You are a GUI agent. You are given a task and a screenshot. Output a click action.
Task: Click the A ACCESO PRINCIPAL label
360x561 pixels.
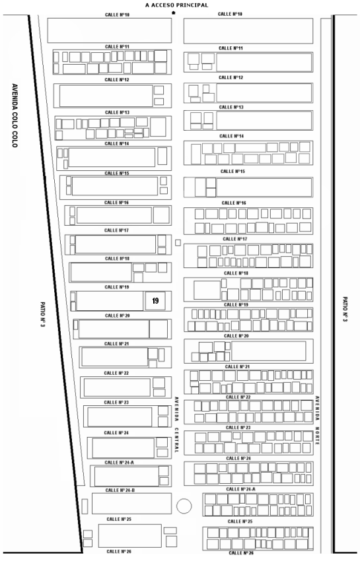176,5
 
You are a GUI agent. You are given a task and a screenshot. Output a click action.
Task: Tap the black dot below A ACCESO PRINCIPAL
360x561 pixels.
173,13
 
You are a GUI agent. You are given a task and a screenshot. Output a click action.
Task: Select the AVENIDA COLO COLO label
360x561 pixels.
15,115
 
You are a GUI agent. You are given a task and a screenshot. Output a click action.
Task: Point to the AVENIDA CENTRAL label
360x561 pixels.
176,424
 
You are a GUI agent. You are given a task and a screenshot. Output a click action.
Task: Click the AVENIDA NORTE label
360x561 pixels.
317,420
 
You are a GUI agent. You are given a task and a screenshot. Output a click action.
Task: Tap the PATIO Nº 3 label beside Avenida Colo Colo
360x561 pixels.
43,314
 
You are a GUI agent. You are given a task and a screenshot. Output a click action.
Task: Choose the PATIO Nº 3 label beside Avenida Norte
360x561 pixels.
345,309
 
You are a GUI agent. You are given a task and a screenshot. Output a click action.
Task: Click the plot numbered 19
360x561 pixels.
155,300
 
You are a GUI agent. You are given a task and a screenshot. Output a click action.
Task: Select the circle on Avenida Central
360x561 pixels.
184,506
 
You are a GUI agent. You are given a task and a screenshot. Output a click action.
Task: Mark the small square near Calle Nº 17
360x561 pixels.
178,243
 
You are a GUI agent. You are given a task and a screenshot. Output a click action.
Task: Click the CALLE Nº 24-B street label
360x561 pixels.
120,490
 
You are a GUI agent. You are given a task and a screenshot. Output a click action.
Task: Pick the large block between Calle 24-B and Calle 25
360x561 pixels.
132,504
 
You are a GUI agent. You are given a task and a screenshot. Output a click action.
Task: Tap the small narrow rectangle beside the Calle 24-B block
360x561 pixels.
85,506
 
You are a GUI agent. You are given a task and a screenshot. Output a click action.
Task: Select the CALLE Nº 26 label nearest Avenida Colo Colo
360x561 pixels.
119,551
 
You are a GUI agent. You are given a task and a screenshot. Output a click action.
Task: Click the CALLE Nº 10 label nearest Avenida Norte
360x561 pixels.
230,14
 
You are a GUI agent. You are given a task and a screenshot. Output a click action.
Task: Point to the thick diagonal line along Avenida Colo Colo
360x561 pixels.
55,284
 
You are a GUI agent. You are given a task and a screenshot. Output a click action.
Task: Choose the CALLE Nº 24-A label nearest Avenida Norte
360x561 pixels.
240,488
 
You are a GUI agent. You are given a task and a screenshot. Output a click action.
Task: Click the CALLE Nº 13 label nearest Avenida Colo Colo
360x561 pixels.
117,112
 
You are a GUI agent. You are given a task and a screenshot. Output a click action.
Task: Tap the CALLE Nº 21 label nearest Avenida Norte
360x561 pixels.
238,366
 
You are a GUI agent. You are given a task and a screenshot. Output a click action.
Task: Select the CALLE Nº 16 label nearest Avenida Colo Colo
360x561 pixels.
116,203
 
